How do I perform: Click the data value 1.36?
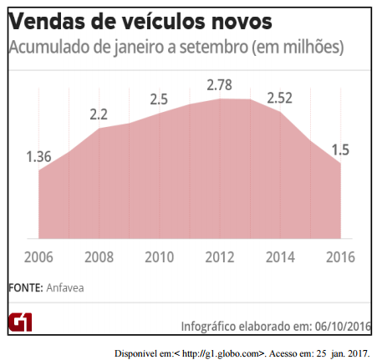tap(39, 156)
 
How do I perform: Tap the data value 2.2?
tap(99, 114)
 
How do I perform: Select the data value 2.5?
tap(159, 99)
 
